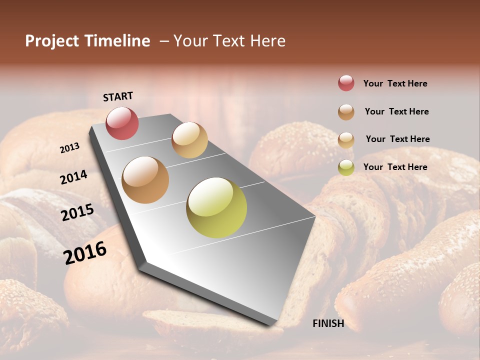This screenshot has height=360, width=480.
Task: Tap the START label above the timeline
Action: pyautogui.click(x=118, y=96)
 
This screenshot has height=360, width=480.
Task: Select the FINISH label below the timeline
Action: pyautogui.click(x=328, y=323)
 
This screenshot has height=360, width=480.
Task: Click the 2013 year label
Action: pyautogui.click(x=70, y=147)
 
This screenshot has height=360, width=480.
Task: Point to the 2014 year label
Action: pyautogui.click(x=74, y=177)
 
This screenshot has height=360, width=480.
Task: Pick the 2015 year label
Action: pyautogui.click(x=77, y=212)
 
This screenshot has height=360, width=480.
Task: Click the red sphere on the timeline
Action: pyautogui.click(x=122, y=123)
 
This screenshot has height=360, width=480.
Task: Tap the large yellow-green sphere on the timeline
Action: pyautogui.click(x=216, y=207)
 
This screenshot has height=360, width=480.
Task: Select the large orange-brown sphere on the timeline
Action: pyautogui.click(x=145, y=180)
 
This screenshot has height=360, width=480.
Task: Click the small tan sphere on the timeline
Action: pyautogui.click(x=189, y=140)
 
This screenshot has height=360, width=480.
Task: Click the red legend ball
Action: pyautogui.click(x=346, y=83)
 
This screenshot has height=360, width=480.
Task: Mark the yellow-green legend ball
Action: pyautogui.click(x=346, y=167)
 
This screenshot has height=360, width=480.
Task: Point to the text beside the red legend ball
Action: pyautogui.click(x=395, y=83)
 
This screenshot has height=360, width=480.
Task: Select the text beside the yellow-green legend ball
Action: pyautogui.click(x=395, y=167)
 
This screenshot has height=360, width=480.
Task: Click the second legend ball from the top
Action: pyautogui.click(x=346, y=112)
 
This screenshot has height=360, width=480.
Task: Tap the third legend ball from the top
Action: pyautogui.click(x=346, y=140)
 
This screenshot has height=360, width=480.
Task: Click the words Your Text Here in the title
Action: pyautogui.click(x=229, y=41)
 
